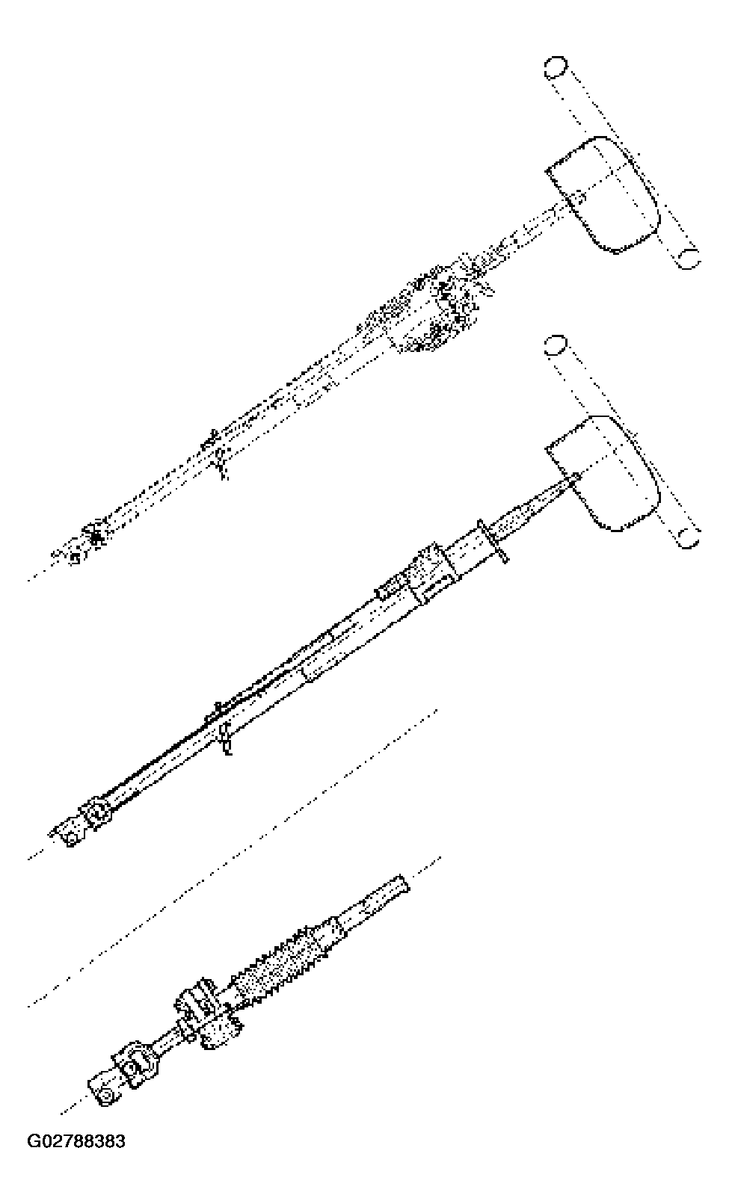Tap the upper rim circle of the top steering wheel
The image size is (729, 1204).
click(x=555, y=67)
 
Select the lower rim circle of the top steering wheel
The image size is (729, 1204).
click(x=688, y=259)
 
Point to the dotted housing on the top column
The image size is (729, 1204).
click(x=434, y=312)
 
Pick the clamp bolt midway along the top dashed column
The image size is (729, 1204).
click(x=218, y=457)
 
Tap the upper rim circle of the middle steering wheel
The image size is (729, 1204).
click(x=555, y=345)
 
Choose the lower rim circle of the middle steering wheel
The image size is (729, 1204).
click(x=688, y=537)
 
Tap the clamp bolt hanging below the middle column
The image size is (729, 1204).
click(x=224, y=740)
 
